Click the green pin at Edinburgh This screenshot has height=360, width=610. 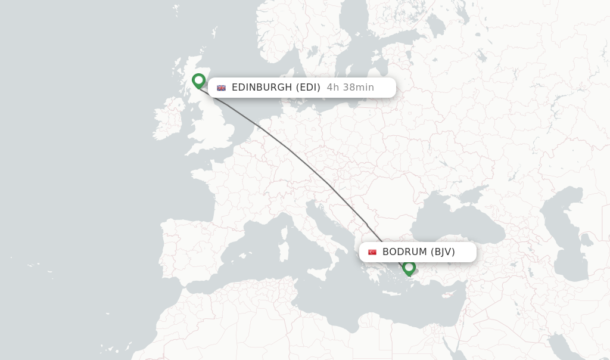click(199, 80)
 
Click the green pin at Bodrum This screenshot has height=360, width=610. click(409, 268)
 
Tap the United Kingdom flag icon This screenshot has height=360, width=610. click(222, 88)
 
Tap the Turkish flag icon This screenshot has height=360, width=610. click(372, 252)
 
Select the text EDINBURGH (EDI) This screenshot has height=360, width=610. click(276, 88)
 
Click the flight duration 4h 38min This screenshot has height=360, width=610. click(350, 88)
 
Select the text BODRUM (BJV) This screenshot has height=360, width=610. click(418, 252)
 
